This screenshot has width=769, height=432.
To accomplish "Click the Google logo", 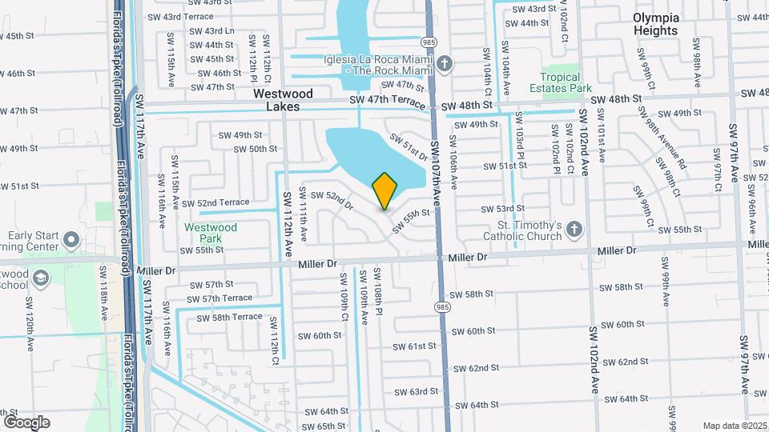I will point(26,422).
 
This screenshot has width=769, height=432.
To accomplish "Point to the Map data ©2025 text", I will point(734,426).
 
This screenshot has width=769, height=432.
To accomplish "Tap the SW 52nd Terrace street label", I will point(223,202).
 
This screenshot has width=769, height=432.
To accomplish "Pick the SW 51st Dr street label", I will point(409,146).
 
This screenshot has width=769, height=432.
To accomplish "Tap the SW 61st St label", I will point(415,346).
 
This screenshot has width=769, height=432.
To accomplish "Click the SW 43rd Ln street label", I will point(213,30).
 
